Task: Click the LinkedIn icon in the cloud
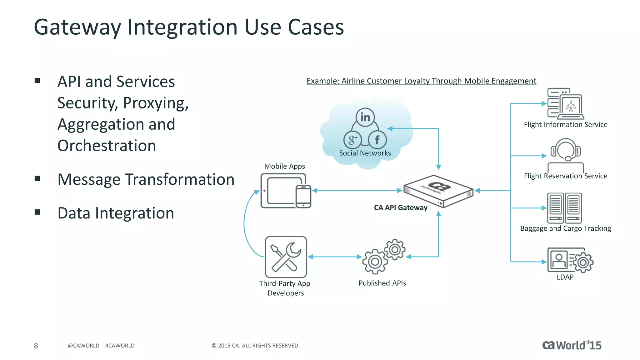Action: (x=365, y=117)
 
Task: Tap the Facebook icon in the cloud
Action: (x=377, y=139)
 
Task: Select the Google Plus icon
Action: (x=352, y=139)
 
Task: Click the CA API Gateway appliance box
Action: (x=438, y=191)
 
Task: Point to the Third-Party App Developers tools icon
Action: (x=286, y=257)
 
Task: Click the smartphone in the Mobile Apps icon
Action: (x=303, y=196)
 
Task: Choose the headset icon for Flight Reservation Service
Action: (x=566, y=150)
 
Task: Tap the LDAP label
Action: (x=565, y=277)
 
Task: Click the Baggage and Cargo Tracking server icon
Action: (x=564, y=208)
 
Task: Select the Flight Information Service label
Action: (x=565, y=125)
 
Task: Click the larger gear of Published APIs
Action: (x=375, y=261)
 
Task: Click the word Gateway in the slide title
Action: (x=77, y=27)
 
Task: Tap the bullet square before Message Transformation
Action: (x=37, y=178)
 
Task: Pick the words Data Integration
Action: (x=116, y=213)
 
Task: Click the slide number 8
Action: (x=36, y=346)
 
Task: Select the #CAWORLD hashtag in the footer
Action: (x=120, y=346)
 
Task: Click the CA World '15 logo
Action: (x=571, y=345)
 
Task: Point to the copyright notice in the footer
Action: (x=255, y=346)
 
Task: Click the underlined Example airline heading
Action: (x=421, y=81)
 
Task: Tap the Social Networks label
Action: (x=365, y=153)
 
